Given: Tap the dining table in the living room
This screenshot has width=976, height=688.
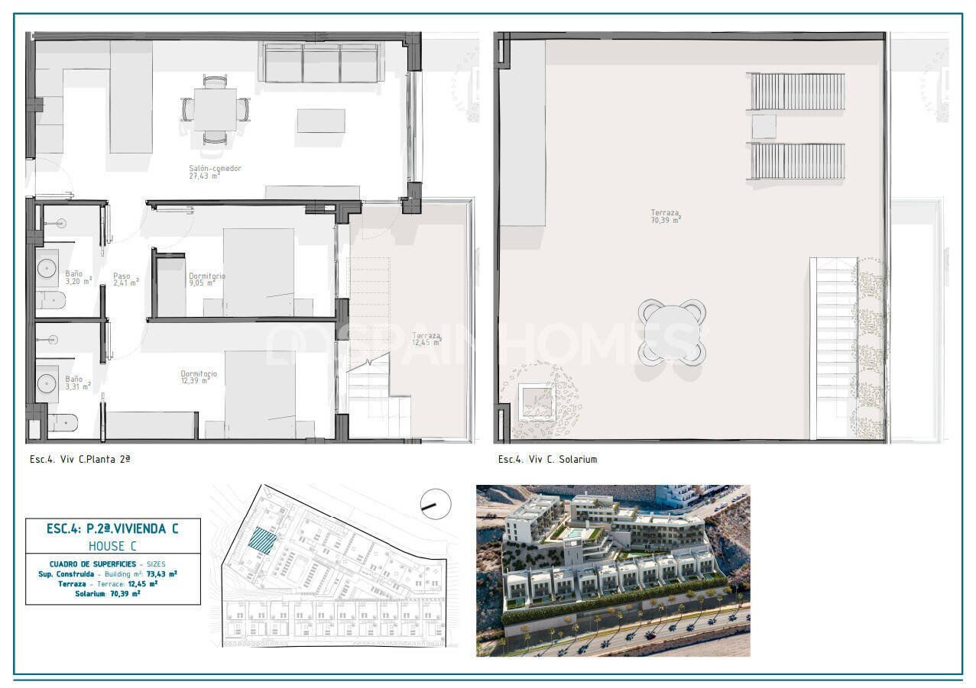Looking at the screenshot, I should (x=215, y=109).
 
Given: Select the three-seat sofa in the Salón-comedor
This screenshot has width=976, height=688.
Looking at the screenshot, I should (x=322, y=63).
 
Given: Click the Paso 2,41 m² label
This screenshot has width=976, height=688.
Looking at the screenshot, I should (x=125, y=279).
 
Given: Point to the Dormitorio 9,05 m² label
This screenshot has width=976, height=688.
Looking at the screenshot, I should (x=206, y=279).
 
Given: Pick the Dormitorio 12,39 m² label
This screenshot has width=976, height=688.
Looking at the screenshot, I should (x=199, y=377).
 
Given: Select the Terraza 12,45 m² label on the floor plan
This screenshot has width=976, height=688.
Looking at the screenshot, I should (x=426, y=339).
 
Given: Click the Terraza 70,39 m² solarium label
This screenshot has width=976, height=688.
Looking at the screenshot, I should (x=666, y=216).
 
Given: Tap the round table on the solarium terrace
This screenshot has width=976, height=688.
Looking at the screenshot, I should (x=672, y=331).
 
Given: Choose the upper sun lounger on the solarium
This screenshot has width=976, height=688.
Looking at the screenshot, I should (x=796, y=92).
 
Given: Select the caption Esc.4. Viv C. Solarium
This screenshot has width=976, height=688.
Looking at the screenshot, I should (x=547, y=460).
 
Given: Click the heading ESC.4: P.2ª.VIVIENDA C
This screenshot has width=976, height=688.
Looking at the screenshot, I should (x=113, y=528).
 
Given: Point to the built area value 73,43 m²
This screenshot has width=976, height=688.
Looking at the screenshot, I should (x=162, y=573).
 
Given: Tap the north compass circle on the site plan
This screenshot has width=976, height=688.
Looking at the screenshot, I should (x=436, y=504).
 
